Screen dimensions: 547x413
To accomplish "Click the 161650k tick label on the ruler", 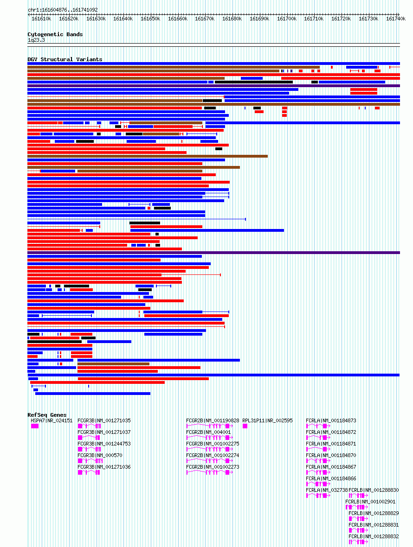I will [x=150, y=19].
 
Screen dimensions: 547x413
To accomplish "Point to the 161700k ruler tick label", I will [x=287, y=19].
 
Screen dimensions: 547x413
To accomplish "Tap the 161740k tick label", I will [x=396, y=19].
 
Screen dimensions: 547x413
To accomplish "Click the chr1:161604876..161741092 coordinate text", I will [x=63, y=10].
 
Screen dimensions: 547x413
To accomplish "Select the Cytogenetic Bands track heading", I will [x=55, y=34].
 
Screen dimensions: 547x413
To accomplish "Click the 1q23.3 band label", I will [x=36, y=40].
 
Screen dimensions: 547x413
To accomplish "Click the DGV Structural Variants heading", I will [x=65, y=59].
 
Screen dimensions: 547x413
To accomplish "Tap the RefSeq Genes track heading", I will [x=47, y=415].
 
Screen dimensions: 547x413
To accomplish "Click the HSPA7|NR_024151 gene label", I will [x=52, y=420].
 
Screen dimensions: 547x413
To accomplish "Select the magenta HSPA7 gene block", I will [x=35, y=426].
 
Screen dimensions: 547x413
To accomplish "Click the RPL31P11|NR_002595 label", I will [x=267, y=420].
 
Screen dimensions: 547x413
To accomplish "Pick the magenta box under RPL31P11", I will [x=245, y=426].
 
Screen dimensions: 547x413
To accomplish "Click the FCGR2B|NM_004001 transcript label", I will [x=208, y=432].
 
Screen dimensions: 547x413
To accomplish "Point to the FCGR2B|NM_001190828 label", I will [x=213, y=420].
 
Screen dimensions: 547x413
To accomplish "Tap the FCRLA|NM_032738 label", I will [x=327, y=490].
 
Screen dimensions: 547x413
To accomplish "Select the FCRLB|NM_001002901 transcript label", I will [x=370, y=502].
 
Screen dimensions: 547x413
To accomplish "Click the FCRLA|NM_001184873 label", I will [x=331, y=420].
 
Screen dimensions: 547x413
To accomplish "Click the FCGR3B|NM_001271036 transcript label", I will [x=104, y=467].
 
